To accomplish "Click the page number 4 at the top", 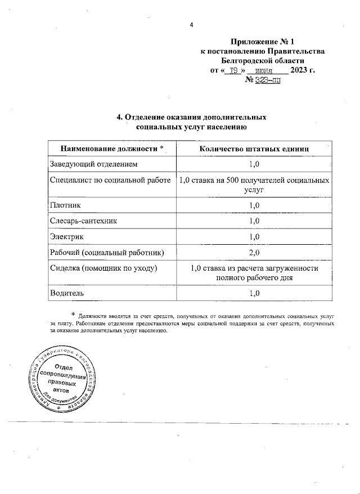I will [x=191, y=25].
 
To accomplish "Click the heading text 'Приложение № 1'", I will [x=263, y=42].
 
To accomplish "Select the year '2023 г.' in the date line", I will [x=303, y=71].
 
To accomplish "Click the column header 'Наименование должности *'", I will [x=112, y=149].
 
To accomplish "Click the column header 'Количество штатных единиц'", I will [x=254, y=149].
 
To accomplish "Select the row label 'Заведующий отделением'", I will [x=93, y=164].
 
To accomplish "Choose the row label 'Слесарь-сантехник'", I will [x=84, y=221].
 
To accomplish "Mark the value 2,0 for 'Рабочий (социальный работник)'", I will [x=254, y=252].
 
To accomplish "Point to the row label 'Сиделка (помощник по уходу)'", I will [x=103, y=268].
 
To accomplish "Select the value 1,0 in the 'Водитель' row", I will [x=254, y=293].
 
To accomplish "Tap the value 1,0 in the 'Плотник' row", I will [x=254, y=205].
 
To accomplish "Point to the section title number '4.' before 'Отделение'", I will [x=119, y=118].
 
